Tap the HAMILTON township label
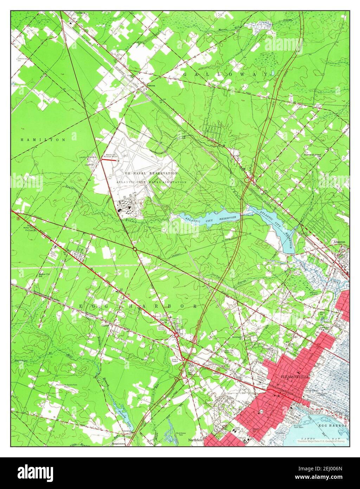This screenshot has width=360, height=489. pos(43,140)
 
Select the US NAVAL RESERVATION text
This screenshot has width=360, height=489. pos(151,173)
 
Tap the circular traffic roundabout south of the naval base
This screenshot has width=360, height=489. pos(135,249)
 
